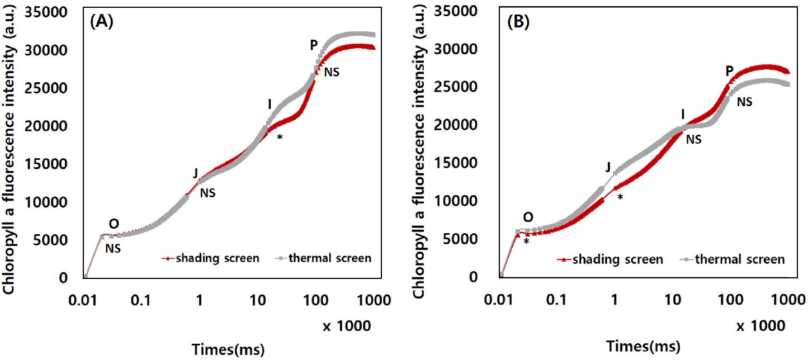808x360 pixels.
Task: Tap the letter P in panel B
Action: pos(729,70)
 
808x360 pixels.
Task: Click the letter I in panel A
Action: pos(269,104)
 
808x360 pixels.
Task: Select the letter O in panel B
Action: pos(527,217)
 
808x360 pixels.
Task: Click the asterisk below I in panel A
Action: pos(279,138)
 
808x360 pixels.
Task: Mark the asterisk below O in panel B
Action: pos(526,241)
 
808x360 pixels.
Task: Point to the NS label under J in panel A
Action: pos(207,193)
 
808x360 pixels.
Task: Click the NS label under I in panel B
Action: pos(693,139)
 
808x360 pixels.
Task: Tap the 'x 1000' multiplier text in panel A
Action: pos(347,325)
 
